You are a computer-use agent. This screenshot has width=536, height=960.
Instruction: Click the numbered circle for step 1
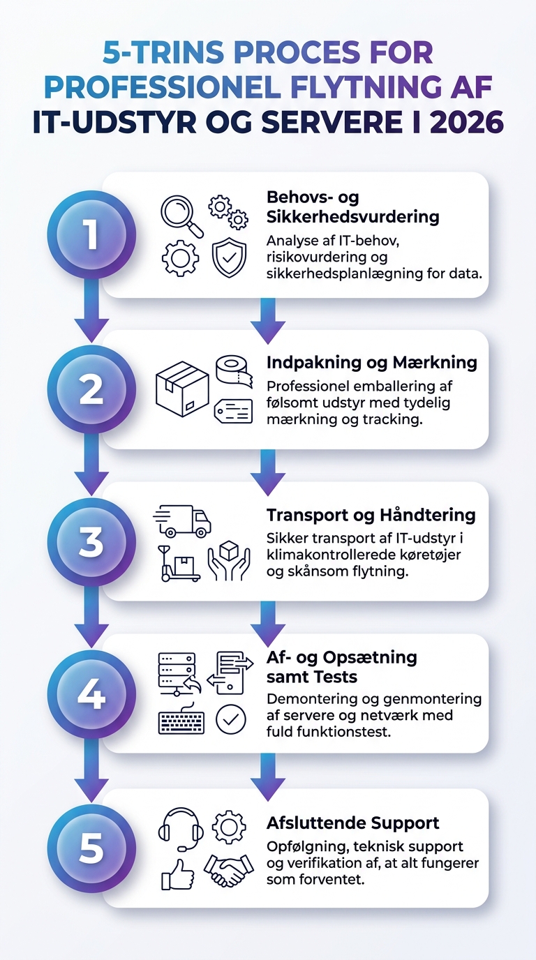(91, 235)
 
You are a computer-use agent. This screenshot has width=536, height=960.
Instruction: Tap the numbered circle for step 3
(91, 542)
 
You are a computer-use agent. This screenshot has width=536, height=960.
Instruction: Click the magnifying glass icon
(182, 216)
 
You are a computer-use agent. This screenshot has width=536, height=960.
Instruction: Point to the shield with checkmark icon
(230, 257)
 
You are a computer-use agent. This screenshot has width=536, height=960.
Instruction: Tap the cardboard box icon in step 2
(182, 389)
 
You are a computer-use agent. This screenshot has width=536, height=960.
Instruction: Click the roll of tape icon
(234, 371)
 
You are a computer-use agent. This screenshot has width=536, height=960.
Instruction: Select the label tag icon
(233, 411)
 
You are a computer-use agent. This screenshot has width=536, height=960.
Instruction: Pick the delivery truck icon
(182, 520)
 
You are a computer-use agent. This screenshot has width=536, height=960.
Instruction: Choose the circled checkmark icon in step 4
(231, 719)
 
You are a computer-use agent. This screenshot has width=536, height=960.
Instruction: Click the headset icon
(181, 830)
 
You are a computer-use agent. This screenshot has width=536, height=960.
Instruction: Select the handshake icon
(229, 871)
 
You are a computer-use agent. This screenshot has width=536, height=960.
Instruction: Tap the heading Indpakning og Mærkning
(372, 363)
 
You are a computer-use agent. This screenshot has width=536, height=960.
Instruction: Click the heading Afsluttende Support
(353, 823)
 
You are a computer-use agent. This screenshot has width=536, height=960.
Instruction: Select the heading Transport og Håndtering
(371, 515)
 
